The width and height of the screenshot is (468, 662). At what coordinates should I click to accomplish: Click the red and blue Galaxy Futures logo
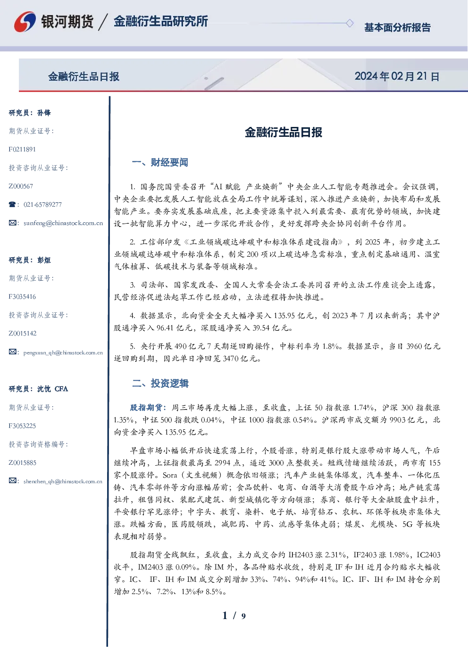25,22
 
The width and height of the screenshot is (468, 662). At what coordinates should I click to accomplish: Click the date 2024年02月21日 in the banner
397,76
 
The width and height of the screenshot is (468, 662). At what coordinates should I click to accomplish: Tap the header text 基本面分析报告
397,27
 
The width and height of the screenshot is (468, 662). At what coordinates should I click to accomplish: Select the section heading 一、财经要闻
160,162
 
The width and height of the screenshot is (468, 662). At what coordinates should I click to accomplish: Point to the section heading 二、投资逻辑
160,383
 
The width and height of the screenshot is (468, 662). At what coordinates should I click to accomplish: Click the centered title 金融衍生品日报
284,132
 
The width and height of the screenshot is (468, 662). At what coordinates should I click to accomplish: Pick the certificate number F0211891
22,150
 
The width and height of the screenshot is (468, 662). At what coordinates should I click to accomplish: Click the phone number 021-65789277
43,204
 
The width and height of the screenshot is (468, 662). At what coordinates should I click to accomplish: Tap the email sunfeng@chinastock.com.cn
63,223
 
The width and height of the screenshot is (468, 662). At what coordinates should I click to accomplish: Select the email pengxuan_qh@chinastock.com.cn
63,352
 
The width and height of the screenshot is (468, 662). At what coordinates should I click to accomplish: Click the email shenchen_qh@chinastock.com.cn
63,481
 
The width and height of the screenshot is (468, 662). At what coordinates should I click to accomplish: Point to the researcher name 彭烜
44,260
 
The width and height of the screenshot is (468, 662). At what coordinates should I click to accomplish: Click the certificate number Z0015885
23,463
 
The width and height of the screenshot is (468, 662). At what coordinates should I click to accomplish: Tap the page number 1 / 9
234,616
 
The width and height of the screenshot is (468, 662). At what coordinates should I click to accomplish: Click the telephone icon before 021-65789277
12,204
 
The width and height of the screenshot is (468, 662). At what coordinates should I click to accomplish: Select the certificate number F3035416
22,297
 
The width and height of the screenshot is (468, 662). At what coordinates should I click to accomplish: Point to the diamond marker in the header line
350,23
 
